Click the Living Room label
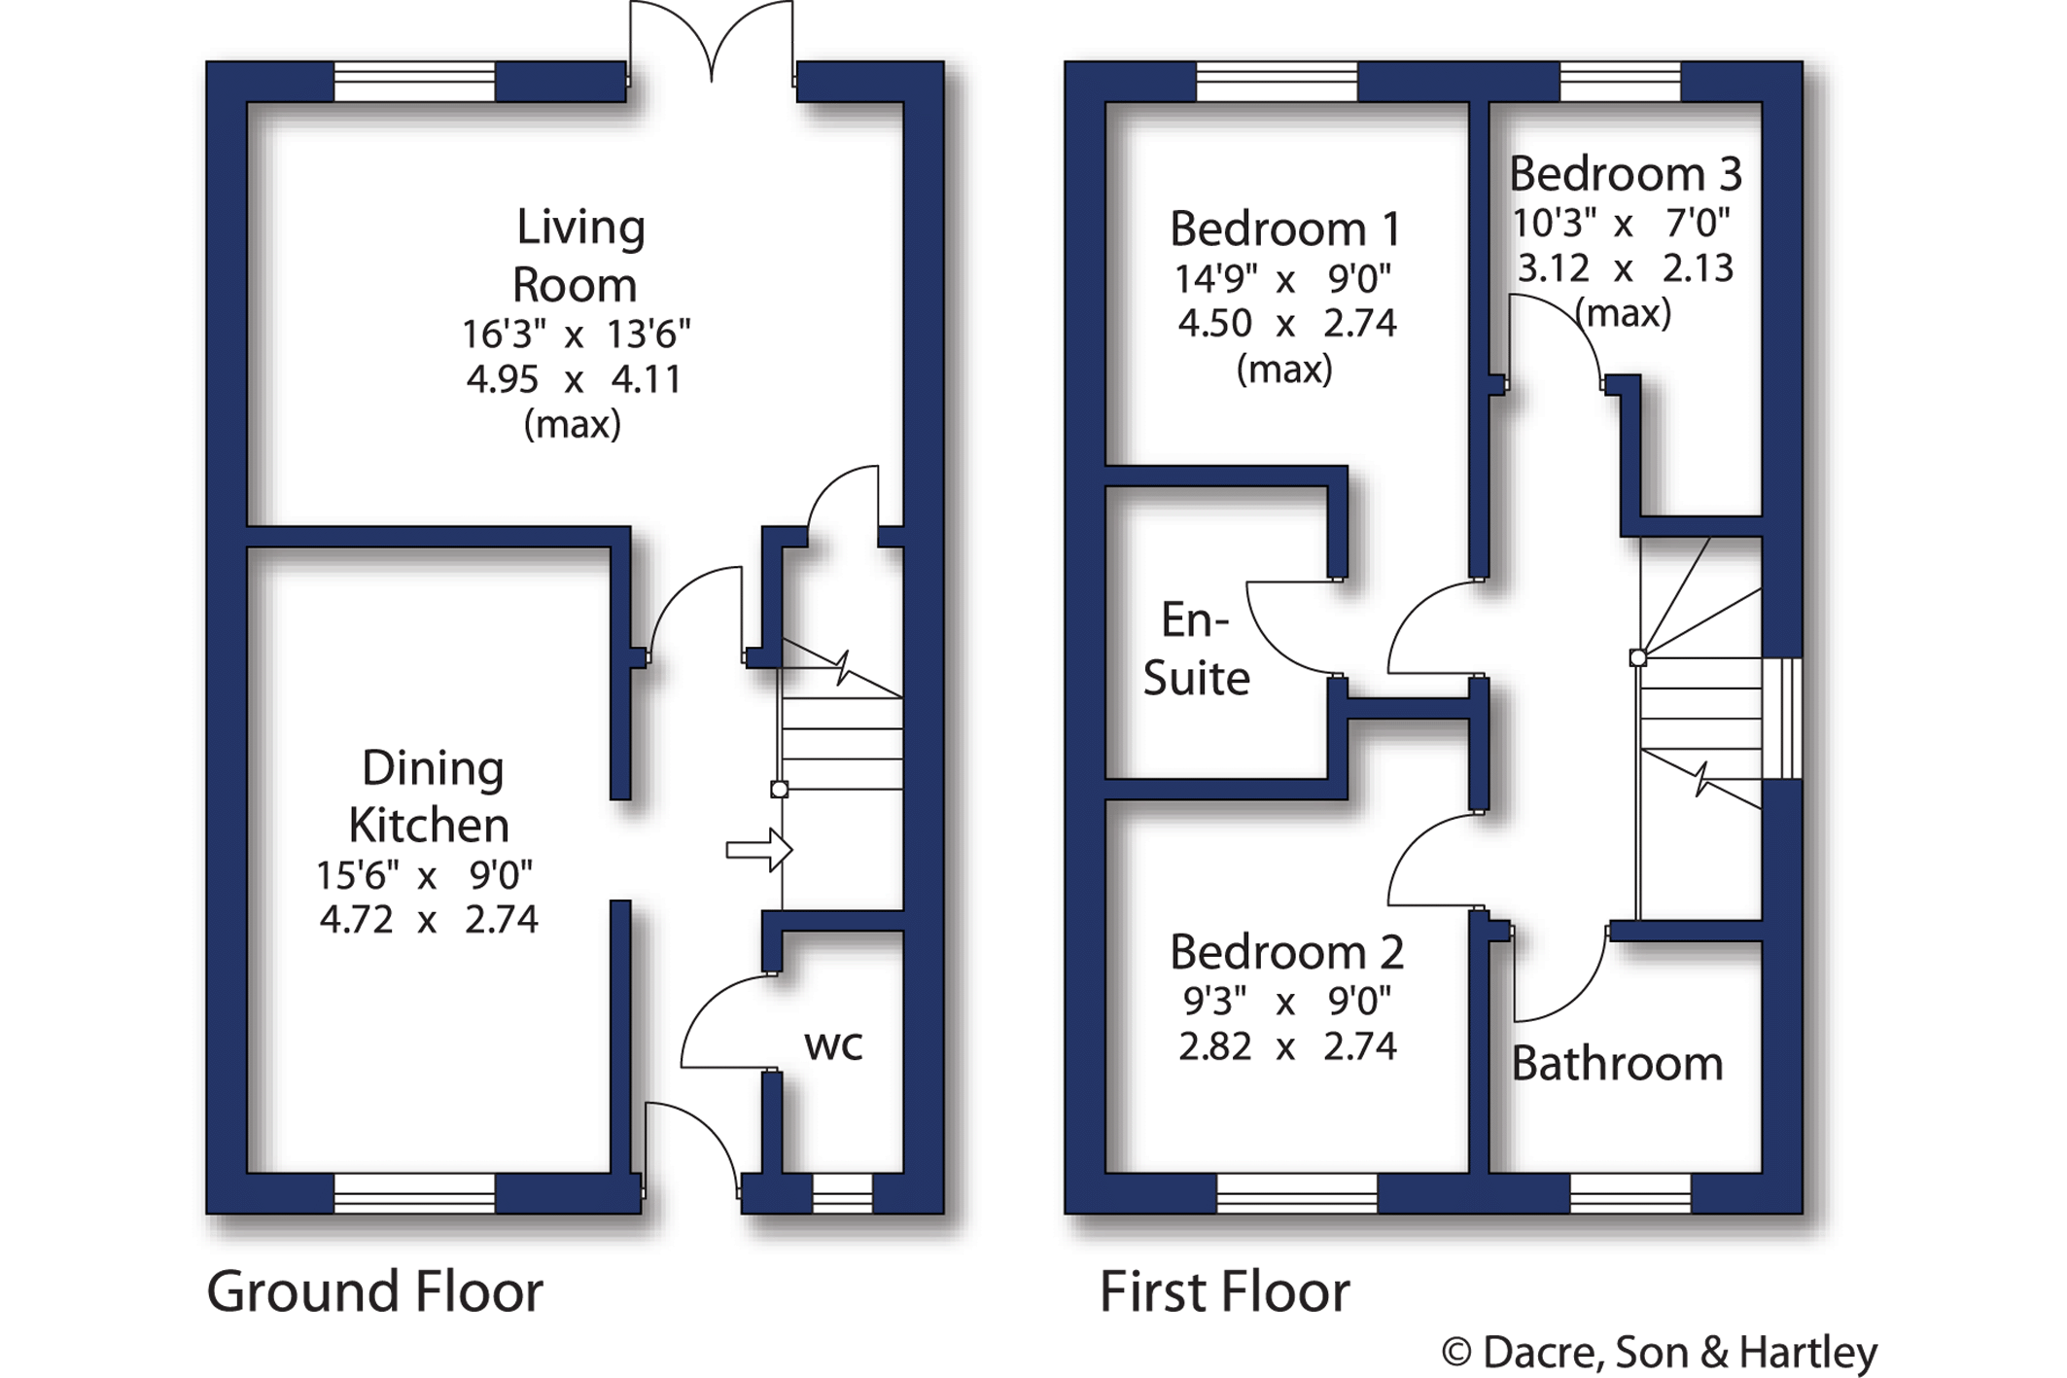point(578,256)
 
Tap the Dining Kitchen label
point(430,796)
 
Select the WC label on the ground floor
point(833,1045)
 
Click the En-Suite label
point(1196,649)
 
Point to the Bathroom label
point(1617,1063)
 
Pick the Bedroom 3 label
point(1625,174)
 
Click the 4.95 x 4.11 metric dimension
point(574,378)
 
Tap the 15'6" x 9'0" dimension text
point(425,875)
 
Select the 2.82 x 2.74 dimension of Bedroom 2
point(1287,1046)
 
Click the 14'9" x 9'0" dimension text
point(1283,279)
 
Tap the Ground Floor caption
point(374,1292)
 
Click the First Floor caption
point(1225,1292)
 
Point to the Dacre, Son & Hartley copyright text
point(1659,1353)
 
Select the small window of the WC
point(842,1193)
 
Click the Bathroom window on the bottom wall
point(1630,1193)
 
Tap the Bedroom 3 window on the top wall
point(1621,82)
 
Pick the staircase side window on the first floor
point(1782,719)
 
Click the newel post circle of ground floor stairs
point(779,790)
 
